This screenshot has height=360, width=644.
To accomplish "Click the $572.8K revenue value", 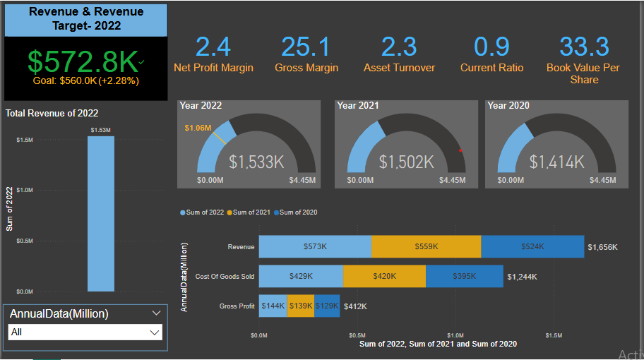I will click(x=83, y=62).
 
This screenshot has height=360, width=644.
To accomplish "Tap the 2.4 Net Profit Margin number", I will click(x=213, y=47).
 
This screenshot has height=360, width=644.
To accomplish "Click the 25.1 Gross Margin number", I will click(x=306, y=47).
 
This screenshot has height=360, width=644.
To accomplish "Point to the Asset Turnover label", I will click(x=399, y=68).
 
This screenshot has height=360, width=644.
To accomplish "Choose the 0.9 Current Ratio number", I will click(x=492, y=47).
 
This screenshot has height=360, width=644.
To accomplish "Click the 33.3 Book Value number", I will click(x=584, y=47).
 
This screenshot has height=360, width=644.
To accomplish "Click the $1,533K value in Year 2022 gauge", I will click(x=256, y=162).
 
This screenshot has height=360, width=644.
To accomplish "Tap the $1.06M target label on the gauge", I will click(x=198, y=128).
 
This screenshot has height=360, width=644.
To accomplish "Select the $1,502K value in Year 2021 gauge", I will click(x=406, y=162).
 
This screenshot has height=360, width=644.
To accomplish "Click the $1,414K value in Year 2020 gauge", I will click(x=557, y=162).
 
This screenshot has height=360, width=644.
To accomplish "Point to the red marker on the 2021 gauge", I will click(x=460, y=150).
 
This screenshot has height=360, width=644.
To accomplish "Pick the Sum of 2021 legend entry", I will click(x=249, y=212).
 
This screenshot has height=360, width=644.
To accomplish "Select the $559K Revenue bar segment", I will click(x=426, y=247).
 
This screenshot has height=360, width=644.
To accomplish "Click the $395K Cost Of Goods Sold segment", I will click(x=464, y=277).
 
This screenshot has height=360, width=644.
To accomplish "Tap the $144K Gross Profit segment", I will click(x=273, y=306).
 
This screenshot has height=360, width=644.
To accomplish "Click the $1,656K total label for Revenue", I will click(x=602, y=247).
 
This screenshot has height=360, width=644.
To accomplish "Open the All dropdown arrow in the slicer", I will click(x=154, y=332).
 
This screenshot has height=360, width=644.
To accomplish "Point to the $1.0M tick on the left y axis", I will click(x=25, y=190).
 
